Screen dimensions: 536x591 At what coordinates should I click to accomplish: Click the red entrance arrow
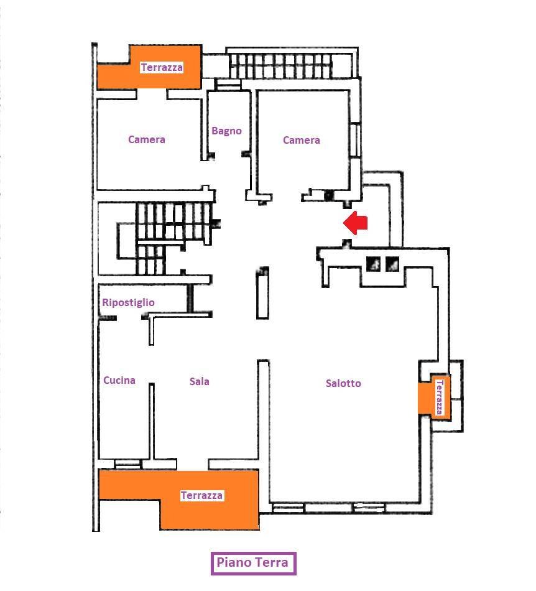tap(355, 223)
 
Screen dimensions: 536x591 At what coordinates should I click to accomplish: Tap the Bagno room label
tap(226, 131)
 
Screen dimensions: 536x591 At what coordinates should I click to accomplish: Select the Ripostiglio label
tap(129, 302)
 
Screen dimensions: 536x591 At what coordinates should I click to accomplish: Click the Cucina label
tap(119, 380)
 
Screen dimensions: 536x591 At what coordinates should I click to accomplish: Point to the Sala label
tap(199, 381)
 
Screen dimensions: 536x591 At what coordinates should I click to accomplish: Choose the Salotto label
tap(343, 383)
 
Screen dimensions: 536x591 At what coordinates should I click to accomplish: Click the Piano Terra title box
tap(253, 563)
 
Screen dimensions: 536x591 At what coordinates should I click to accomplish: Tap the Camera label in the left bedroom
tap(147, 139)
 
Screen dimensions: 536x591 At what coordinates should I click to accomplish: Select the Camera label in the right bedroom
tap(302, 140)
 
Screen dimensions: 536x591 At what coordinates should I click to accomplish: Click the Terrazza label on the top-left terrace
tap(162, 67)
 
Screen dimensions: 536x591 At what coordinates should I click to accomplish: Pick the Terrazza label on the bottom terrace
tap(201, 495)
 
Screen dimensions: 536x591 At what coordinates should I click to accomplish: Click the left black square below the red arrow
tap(373, 264)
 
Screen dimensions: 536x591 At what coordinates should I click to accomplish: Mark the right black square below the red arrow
tap(392, 264)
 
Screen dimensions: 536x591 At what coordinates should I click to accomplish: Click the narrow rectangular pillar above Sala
tap(262, 294)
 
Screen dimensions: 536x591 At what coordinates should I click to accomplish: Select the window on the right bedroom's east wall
tap(354, 140)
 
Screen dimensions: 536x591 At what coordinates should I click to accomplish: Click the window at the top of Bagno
tap(229, 85)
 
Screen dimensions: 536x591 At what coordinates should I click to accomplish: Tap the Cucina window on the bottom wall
tap(127, 464)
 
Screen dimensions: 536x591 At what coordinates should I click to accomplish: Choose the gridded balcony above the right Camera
tap(292, 63)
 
